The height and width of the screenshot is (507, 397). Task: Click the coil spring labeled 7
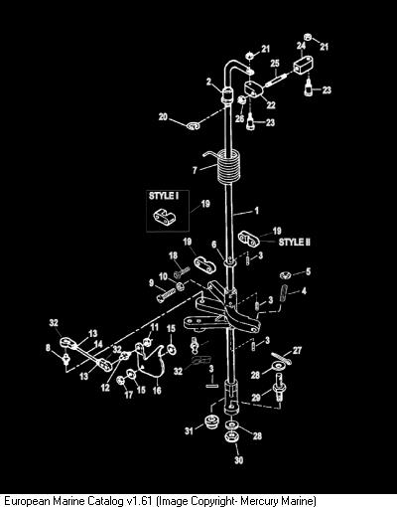229,167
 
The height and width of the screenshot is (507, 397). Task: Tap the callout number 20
163,117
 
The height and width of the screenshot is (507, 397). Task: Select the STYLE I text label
164,196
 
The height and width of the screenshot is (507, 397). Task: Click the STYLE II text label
295,243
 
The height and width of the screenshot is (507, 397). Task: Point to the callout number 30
239,460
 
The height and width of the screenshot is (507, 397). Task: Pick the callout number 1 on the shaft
256,211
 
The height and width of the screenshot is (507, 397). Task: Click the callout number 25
275,64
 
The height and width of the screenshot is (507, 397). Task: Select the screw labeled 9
166,294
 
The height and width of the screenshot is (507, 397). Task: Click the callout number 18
173,255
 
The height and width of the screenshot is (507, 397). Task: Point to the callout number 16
157,391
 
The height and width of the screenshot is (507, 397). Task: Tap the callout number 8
49,348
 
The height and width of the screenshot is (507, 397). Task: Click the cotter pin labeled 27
281,359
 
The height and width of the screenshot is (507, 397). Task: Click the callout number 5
308,271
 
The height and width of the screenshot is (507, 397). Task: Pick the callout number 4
304,291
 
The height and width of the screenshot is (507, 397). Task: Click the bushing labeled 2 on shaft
227,95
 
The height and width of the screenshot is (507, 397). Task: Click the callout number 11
155,327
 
